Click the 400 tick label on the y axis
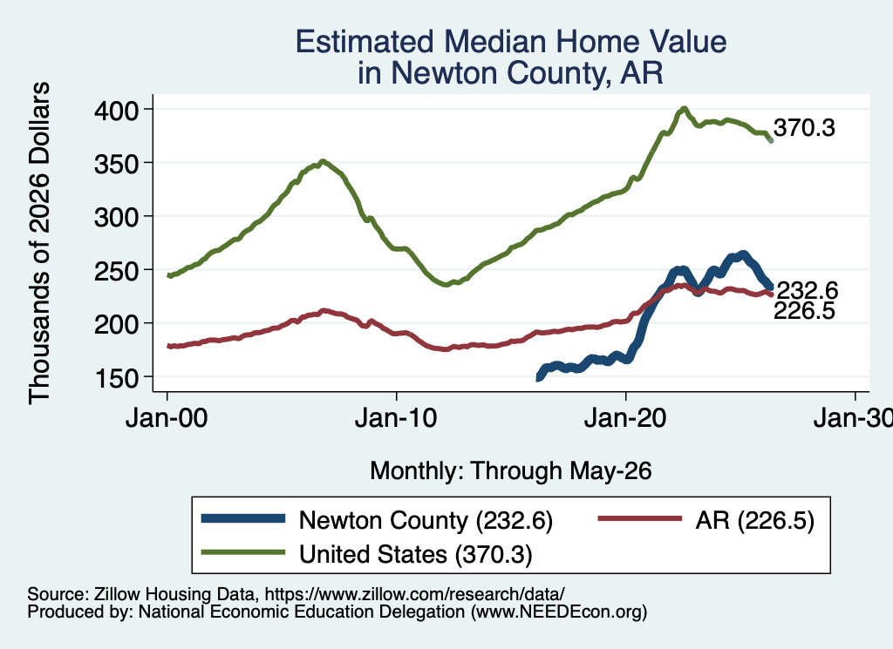[116, 111]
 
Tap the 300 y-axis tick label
[116, 217]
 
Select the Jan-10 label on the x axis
[396, 419]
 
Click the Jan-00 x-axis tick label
[167, 419]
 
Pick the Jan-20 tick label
[625, 419]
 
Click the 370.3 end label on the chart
[804, 128]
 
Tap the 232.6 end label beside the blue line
[808, 291]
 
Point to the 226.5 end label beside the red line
[804, 311]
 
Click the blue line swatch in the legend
[243, 518]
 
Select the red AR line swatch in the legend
[640, 518]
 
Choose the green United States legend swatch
[243, 552]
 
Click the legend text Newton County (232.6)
[426, 520]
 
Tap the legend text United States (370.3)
[416, 555]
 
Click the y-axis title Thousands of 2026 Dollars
[40, 243]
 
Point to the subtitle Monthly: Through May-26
[511, 471]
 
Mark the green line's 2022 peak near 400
[685, 108]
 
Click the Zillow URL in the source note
[414, 594]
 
